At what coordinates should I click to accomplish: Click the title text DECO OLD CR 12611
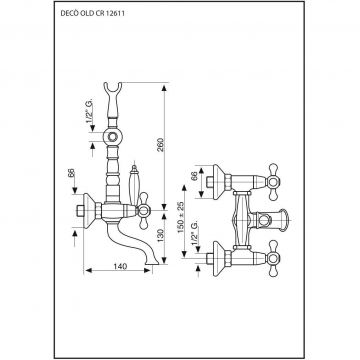coord(93,14)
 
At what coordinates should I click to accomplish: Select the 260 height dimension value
coord(161,145)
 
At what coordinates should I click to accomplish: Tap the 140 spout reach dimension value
coord(120,266)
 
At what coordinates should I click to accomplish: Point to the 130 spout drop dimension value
coord(161,236)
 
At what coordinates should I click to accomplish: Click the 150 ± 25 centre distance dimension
coord(181,217)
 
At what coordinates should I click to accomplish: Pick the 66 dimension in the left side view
coord(71,173)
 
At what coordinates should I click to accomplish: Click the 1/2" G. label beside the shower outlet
coord(89,113)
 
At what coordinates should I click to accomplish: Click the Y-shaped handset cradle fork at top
coord(112,89)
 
